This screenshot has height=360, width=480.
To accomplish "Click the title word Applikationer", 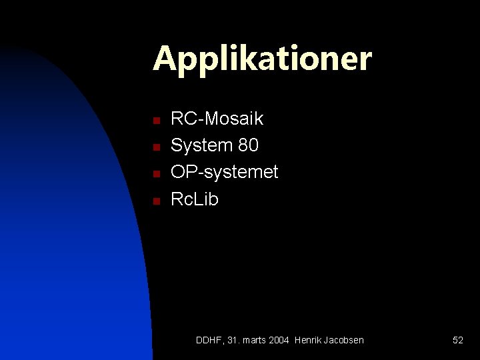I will coord(262,59).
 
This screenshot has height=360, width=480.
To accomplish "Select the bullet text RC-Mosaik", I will coord(217,119).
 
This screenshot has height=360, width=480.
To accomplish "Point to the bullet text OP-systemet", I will coord(224,172).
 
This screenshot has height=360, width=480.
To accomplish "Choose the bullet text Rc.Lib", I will coord(195,199).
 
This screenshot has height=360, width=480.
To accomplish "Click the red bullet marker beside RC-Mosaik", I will coord(155,121).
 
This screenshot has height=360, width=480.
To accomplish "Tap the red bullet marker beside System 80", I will coord(155,147).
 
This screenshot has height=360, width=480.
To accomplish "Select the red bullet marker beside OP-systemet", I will coord(155,174).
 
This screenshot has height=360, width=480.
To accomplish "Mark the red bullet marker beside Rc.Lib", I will coord(155,201).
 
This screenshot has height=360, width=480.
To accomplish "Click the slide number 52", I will coord(458,340).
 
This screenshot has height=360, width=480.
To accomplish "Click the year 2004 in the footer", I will coord(279,340).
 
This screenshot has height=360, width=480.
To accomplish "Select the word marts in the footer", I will coord(254,340).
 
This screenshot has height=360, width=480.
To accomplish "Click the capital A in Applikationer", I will coord(164,59).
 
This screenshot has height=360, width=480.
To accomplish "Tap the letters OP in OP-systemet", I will coord(183,172).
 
